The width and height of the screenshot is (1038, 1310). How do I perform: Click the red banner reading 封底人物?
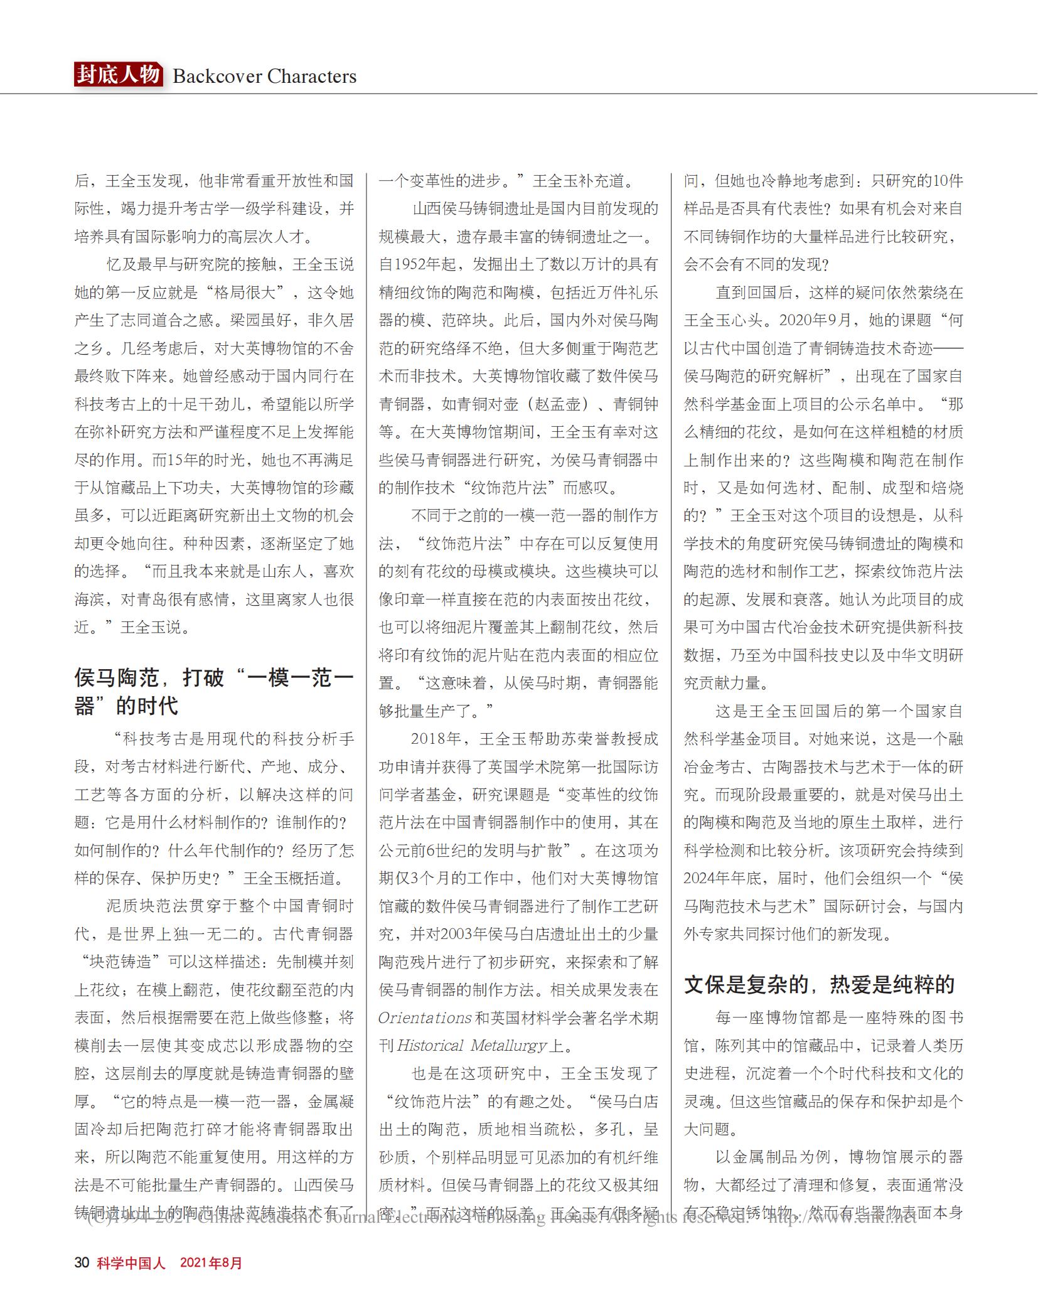coord(118,75)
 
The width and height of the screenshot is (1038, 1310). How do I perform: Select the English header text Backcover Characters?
coord(264,77)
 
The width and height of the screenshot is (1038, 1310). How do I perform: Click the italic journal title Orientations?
coord(424,1017)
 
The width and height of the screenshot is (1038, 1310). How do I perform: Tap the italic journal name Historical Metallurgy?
coord(472,1046)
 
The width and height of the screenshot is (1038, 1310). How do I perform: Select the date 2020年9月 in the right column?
coord(816,320)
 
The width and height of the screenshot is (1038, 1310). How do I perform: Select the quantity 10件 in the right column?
coord(948,181)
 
